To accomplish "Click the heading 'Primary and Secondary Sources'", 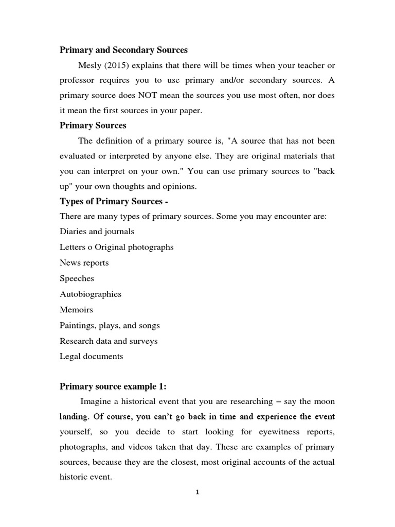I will [123, 50].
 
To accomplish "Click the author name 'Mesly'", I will [90, 65].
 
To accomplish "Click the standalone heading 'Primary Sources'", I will [93, 126].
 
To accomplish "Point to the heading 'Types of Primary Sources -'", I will [107, 201].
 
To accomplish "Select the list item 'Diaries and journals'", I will [97, 232].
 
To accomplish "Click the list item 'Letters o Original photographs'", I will [116, 247].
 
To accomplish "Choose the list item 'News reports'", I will [84, 262].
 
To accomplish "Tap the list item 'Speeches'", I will [77, 278].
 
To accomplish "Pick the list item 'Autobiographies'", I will [91, 294].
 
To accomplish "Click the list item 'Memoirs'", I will [76, 310].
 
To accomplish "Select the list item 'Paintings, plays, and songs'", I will [110, 325].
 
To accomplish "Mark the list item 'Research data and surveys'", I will [109, 341].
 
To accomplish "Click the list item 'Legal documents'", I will [91, 356].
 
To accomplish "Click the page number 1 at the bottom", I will [197, 492].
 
